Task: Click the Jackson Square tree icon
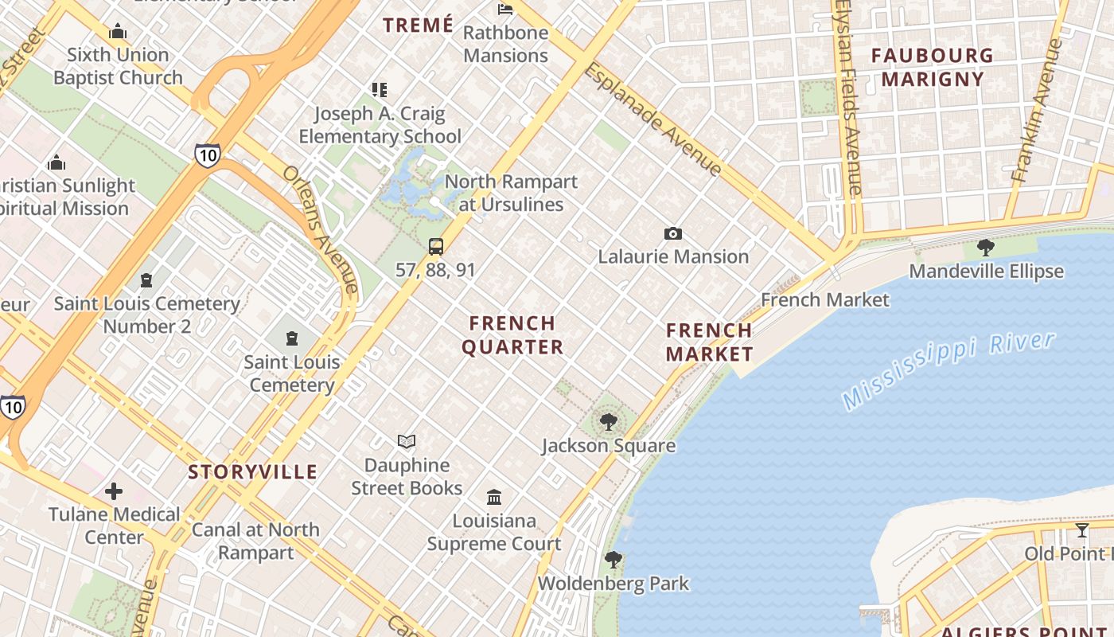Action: [x=609, y=422]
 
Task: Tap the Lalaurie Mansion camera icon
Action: [x=673, y=233]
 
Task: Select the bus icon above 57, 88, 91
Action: [x=436, y=246]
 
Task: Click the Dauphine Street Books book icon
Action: [x=407, y=441]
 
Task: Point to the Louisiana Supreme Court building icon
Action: [x=494, y=497]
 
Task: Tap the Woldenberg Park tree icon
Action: [x=613, y=560]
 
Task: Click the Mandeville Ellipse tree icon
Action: [x=986, y=248]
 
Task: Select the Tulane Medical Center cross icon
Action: [x=114, y=490]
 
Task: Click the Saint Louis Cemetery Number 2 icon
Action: [x=146, y=280]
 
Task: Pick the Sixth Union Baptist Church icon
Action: [x=118, y=32]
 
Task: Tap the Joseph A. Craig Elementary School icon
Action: [x=380, y=90]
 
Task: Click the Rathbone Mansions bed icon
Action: [x=505, y=10]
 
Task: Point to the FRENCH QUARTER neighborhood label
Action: [x=512, y=335]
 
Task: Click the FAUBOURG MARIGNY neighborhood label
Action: [x=933, y=67]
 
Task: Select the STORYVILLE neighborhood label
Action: [x=252, y=471]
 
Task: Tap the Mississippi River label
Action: [x=949, y=370]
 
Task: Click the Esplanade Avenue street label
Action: [x=653, y=119]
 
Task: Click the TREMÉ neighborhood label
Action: [x=418, y=25]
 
